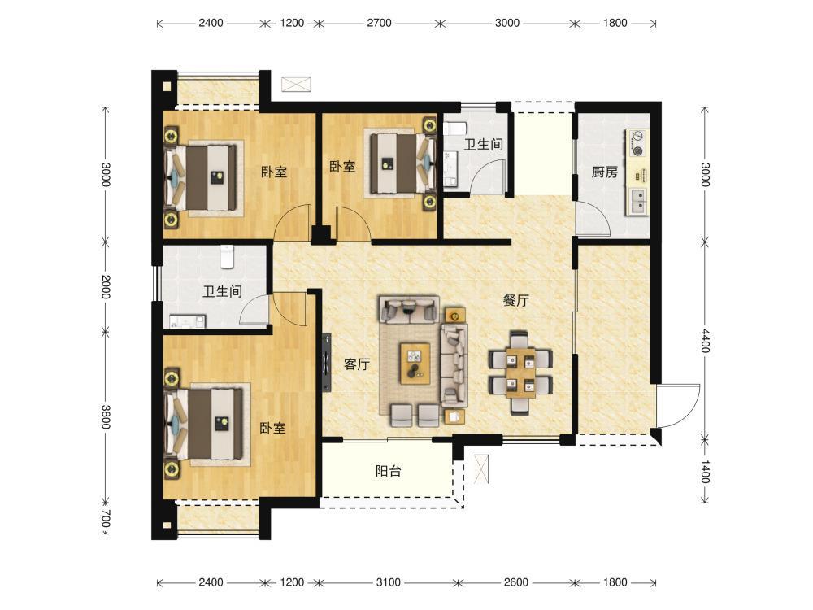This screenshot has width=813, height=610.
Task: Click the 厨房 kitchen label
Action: click(x=605, y=172)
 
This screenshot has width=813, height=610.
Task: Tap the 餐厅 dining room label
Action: click(x=516, y=300)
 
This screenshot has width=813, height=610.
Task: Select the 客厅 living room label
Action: click(x=357, y=364)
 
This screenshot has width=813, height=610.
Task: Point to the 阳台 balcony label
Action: click(x=389, y=471)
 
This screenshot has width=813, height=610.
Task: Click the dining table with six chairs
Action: click(x=520, y=373)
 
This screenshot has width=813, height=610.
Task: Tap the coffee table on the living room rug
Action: click(x=415, y=363)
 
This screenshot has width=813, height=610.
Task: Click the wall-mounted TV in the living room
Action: click(x=327, y=363)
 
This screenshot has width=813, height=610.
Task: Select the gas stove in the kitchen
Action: click(x=637, y=143)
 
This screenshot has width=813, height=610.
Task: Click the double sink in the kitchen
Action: click(x=638, y=201)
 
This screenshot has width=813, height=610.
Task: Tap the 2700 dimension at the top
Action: click(x=379, y=23)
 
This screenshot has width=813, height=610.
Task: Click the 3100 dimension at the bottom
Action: click(x=389, y=582)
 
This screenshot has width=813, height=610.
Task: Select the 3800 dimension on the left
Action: click(x=105, y=416)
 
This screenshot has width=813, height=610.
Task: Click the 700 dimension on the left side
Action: click(x=105, y=519)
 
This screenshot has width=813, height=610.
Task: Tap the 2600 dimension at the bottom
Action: click(x=516, y=582)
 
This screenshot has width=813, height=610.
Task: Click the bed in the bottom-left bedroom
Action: click(x=204, y=425)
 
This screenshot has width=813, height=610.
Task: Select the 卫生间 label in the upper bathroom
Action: click(x=483, y=144)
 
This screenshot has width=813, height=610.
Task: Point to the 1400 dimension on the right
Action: click(x=705, y=472)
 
